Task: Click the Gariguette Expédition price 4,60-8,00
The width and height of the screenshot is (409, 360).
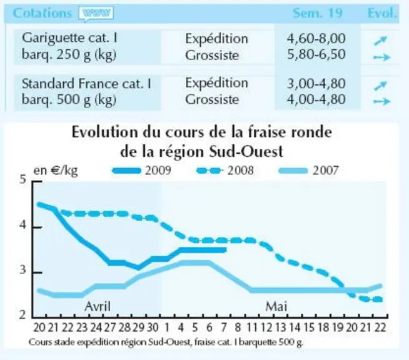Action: click(316, 38)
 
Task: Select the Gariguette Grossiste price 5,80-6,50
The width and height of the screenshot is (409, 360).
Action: click(316, 54)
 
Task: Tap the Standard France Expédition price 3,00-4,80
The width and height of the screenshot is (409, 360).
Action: click(316, 83)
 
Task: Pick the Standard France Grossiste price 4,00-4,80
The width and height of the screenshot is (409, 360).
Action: click(316, 99)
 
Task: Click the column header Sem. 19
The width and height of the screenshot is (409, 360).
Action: click(317, 12)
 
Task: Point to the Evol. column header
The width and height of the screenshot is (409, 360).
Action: click(382, 12)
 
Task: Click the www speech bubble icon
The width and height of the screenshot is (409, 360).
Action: click(96, 14)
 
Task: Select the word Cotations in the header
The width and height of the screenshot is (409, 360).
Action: click(43, 13)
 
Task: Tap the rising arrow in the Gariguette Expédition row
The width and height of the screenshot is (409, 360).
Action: click(380, 41)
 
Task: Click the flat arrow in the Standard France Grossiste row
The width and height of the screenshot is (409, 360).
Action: click(382, 101)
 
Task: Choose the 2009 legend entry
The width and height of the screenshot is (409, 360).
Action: click(141, 171)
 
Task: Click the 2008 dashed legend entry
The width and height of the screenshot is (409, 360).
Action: click(225, 171)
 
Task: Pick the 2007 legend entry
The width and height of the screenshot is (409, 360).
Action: click(308, 171)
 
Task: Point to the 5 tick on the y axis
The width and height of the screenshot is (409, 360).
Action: click(23, 179)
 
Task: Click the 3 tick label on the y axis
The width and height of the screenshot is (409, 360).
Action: click(23, 270)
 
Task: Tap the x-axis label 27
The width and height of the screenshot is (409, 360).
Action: click(110, 327)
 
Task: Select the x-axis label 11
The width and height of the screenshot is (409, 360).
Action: click(252, 327)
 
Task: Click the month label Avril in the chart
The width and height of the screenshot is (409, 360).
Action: click(98, 306)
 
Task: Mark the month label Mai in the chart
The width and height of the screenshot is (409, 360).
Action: click(276, 306)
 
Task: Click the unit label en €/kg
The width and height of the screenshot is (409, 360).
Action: click(56, 171)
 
